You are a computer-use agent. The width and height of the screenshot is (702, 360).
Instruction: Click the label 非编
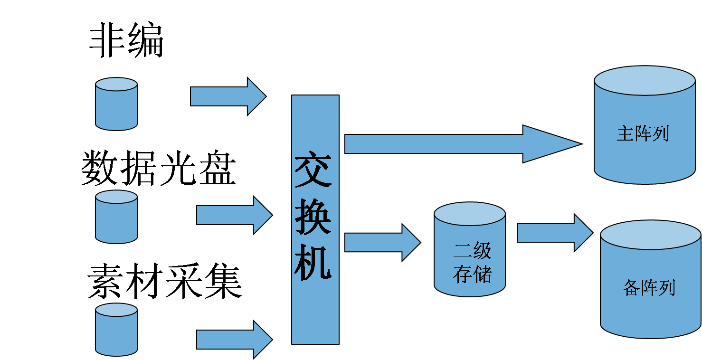pos(126,42)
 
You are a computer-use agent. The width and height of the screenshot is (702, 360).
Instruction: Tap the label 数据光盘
pos(159,169)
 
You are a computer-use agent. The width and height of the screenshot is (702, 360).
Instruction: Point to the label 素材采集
pos(165,282)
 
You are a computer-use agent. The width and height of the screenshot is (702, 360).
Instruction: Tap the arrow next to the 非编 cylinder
pos(228,96)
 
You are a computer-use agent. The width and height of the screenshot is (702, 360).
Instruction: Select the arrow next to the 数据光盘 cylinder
pos(234,216)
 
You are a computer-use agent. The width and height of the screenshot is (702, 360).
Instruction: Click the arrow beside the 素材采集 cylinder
pos(234,339)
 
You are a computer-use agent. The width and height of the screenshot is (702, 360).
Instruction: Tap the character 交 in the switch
pos(313,170)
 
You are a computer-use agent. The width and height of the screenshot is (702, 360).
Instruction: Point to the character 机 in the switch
pos(313,264)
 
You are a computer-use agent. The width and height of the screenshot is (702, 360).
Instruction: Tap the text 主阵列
pos(643,133)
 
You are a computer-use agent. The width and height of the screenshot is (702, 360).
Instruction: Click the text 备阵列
pos(649,288)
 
